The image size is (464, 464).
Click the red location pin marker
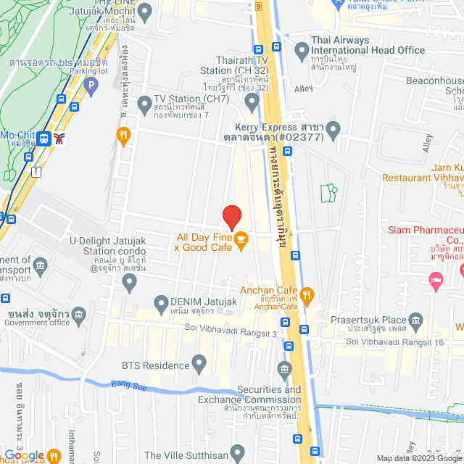pos(231,217)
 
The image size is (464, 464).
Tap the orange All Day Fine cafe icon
pos(241,238)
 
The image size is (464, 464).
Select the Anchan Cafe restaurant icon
pos(307,294)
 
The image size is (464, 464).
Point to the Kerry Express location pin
pos(333,130)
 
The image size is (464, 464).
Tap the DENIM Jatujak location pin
pos(161,302)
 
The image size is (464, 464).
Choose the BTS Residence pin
pos(200,361)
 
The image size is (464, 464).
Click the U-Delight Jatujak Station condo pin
pos(130,282)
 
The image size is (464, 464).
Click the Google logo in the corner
pos(29,455)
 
